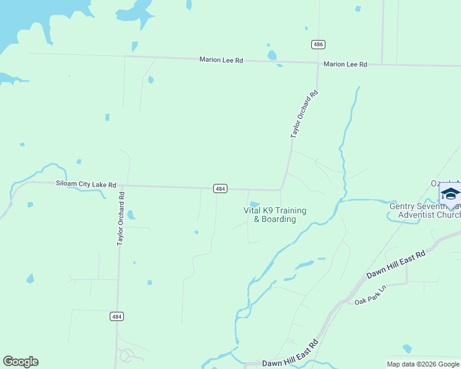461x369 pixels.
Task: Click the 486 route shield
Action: click(x=317, y=45)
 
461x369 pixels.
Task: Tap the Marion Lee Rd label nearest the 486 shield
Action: click(x=345, y=65)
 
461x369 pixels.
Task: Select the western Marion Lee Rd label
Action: click(x=221, y=60)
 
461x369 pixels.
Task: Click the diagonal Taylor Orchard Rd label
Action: click(x=304, y=114)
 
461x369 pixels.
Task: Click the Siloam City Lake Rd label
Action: click(x=86, y=184)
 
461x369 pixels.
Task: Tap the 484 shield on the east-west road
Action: click(x=221, y=189)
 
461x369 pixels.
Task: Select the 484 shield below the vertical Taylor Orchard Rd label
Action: click(x=117, y=316)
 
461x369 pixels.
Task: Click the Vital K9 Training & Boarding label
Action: click(x=275, y=215)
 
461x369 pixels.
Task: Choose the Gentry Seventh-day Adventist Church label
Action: click(x=425, y=210)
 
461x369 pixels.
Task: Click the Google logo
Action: click(x=20, y=362)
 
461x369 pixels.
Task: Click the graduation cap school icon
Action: click(x=451, y=194)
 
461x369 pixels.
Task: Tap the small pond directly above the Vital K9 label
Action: click(x=254, y=205)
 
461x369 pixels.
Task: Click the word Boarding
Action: click(x=279, y=220)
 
